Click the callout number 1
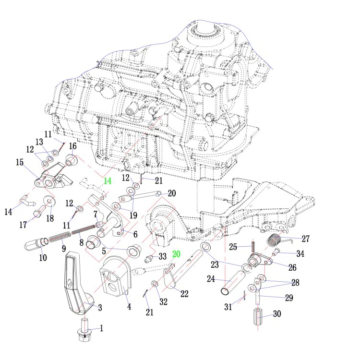[101, 328]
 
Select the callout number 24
[212, 278]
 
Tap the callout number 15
[20, 163]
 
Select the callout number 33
[163, 256]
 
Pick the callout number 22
[184, 293]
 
